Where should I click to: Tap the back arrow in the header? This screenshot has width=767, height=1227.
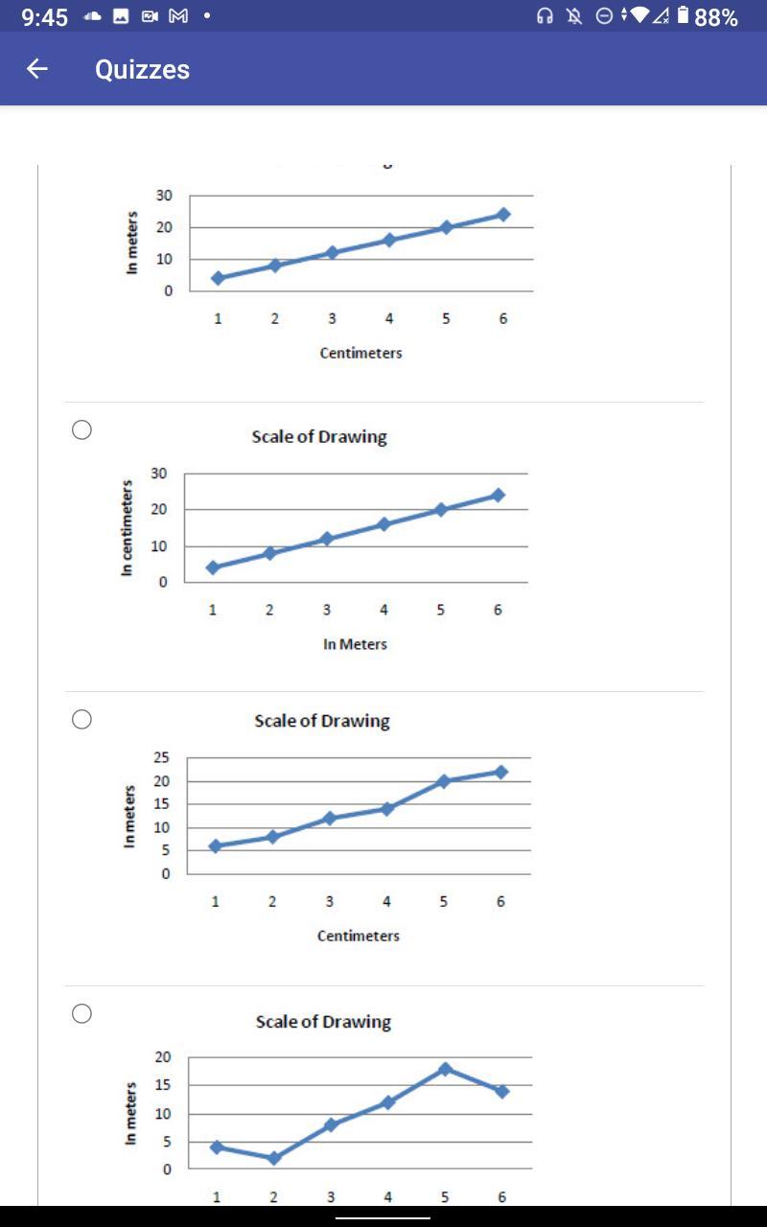point(37,69)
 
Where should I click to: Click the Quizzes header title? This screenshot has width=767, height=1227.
point(142,69)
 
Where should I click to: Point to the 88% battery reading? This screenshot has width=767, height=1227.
point(715,17)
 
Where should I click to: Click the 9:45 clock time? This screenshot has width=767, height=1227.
point(44,17)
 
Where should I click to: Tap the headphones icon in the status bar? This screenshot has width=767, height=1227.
point(546,16)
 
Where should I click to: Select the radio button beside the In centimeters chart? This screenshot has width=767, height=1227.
point(82,429)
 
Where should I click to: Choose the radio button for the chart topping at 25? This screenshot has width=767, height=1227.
point(82,719)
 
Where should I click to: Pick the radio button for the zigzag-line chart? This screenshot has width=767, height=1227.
point(82,1013)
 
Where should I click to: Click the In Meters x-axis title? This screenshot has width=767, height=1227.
point(355,644)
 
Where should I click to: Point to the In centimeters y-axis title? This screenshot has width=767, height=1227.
point(127,527)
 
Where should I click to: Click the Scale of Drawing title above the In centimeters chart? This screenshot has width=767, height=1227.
point(319,436)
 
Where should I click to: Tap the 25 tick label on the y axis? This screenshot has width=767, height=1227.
point(162,758)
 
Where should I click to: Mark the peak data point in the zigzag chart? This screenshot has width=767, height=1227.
point(445,1069)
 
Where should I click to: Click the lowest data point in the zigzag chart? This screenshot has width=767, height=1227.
point(273,1158)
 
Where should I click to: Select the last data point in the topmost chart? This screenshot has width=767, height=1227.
point(503,215)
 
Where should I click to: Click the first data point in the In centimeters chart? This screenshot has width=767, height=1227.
point(213,567)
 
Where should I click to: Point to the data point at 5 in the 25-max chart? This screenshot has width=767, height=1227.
point(444,781)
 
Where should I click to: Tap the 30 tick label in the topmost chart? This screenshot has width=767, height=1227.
point(165,196)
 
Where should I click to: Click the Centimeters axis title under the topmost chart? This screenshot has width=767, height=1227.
point(360,353)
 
